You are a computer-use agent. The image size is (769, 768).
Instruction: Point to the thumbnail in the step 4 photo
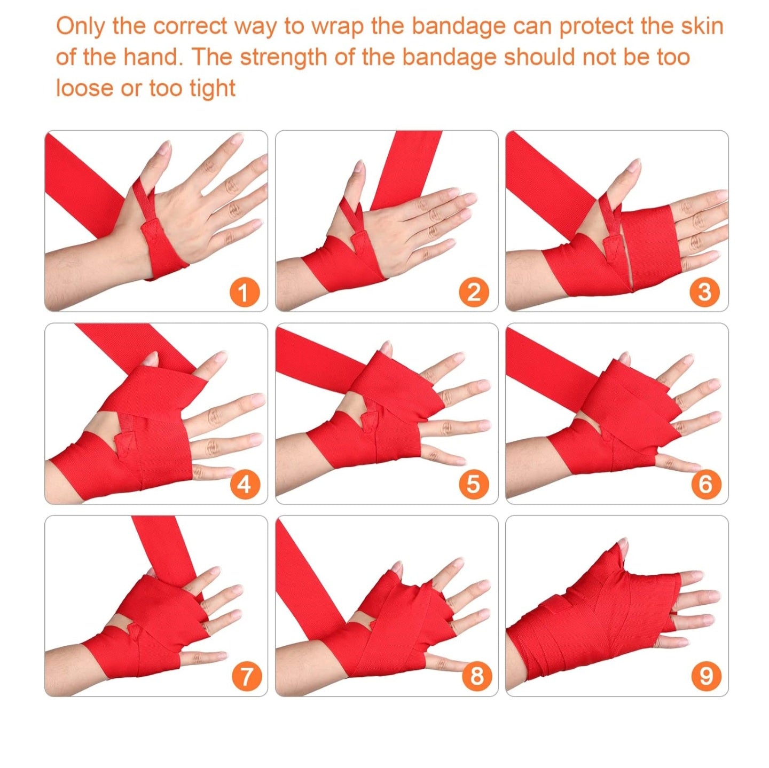(x=152, y=358)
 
